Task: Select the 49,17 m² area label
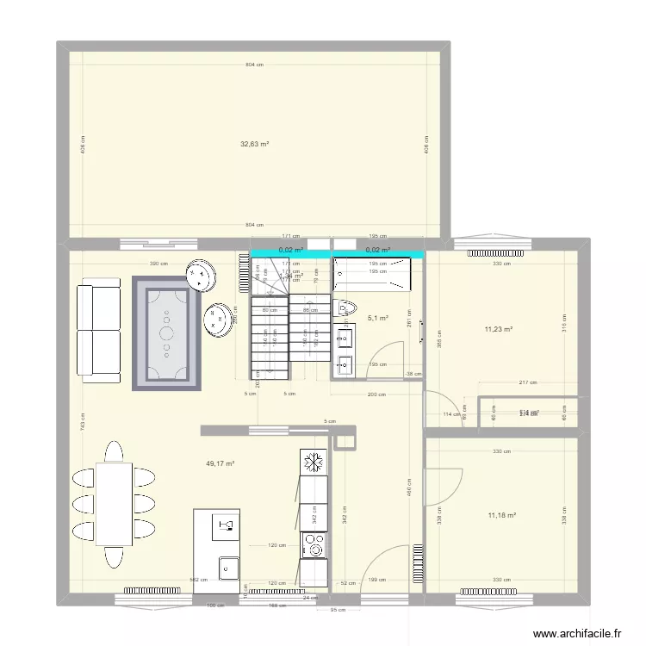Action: pos(220,463)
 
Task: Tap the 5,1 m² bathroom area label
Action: pos(378,318)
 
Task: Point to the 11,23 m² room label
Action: pos(499,328)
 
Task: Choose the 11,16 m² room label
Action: pos(501,515)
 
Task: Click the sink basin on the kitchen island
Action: pos(229,568)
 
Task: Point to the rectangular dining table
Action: pos(114,504)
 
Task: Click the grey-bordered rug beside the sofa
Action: pos(166,332)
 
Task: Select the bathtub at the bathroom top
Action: pos(373,273)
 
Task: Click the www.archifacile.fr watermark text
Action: pos(577,633)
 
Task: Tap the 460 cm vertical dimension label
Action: pos(408,487)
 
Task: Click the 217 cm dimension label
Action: pos(528,382)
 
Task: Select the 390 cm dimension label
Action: pos(158,264)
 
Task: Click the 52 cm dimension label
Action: pos(347,583)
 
